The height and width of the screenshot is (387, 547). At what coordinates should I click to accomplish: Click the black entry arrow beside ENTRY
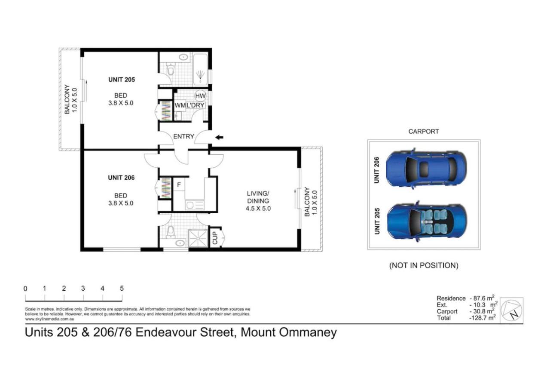coord(219,138)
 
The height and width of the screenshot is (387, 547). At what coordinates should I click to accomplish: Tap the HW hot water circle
coord(200,96)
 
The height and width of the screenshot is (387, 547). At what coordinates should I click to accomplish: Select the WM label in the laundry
coord(180,105)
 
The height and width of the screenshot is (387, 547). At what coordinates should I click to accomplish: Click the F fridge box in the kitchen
coord(179,185)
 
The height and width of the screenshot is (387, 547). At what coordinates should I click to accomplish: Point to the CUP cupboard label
coord(215,238)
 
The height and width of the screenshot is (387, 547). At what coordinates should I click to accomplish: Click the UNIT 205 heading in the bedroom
coord(121,80)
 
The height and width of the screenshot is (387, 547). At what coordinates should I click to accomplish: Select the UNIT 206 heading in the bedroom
coord(121,178)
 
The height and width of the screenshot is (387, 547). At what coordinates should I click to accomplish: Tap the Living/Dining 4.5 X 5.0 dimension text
coord(258,209)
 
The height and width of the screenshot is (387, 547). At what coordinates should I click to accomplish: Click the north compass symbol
coord(511,310)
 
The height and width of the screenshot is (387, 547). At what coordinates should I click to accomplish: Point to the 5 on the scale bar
coord(122,288)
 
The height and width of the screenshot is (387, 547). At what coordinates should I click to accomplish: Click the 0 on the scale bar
coord(25,289)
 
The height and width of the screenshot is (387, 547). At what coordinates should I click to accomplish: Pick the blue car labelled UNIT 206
coord(426,168)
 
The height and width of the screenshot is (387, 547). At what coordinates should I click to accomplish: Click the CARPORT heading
coord(423,132)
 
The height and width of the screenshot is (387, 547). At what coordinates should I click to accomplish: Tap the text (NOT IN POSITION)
coord(424,265)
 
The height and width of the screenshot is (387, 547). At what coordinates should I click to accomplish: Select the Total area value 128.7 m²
coord(482,318)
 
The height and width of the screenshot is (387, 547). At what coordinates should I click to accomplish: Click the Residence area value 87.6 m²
coord(482,298)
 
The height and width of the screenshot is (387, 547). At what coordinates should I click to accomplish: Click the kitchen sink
coord(195,205)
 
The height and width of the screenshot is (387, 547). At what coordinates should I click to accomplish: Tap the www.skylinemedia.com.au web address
coord(49,319)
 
